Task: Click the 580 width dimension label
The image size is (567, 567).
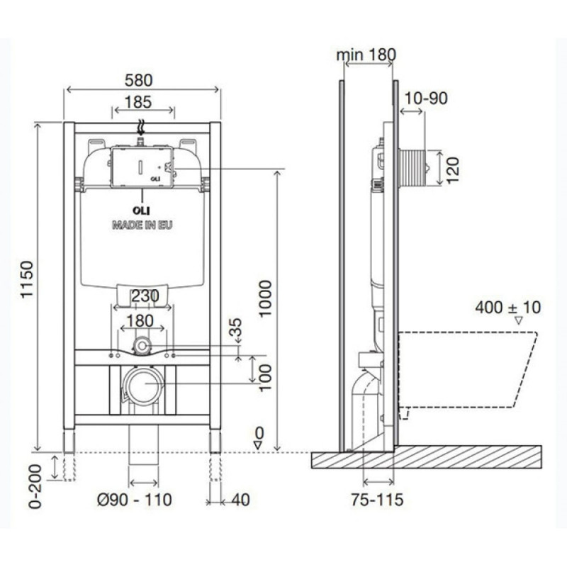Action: (x=138, y=80)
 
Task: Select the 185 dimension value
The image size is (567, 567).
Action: (x=137, y=102)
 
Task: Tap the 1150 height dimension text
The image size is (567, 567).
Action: (x=27, y=279)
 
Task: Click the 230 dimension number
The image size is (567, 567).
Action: (x=145, y=296)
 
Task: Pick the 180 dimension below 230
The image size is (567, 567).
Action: (x=140, y=321)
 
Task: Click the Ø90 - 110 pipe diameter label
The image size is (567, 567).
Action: (x=135, y=500)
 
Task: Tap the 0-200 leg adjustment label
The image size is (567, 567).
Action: (x=36, y=486)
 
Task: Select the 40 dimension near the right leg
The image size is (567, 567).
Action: (x=240, y=500)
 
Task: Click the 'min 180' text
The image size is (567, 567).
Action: (x=366, y=55)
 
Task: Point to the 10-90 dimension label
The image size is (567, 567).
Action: (x=426, y=98)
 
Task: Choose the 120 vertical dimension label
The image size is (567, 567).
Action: (x=452, y=170)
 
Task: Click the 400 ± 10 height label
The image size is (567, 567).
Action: (x=507, y=308)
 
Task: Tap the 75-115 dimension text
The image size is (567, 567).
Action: (x=377, y=500)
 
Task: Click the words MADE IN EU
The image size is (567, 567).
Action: (x=142, y=225)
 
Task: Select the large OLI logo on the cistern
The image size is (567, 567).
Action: (x=141, y=210)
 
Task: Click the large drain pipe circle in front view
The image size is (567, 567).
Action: (x=144, y=386)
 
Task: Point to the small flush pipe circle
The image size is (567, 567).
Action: (x=142, y=346)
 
